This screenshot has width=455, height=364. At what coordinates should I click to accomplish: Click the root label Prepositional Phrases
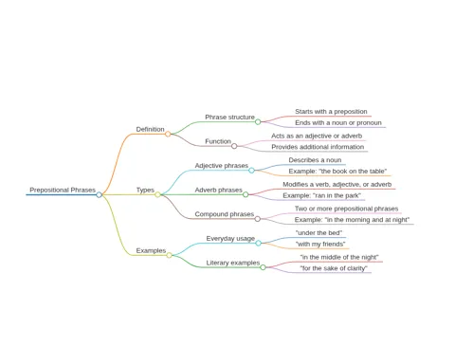click(x=63, y=190)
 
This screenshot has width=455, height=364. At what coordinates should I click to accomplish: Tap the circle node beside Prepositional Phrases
click(x=100, y=194)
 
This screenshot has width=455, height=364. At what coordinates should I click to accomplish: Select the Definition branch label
click(x=150, y=129)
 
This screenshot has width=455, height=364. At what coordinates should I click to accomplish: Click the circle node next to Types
click(x=157, y=194)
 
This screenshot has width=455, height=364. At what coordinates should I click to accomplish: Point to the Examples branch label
click(x=151, y=250)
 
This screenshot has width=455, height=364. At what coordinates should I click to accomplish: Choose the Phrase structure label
click(x=229, y=117)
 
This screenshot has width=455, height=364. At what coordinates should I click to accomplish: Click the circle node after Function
click(x=234, y=146)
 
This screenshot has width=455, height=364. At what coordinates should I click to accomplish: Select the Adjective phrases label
click(x=222, y=166)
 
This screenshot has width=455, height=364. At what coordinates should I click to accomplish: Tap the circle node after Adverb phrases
click(x=246, y=194)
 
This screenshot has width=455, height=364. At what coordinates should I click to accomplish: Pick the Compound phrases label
click(x=225, y=214)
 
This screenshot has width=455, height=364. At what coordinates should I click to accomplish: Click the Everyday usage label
click(x=230, y=239)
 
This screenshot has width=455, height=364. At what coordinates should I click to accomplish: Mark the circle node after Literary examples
click(x=263, y=267)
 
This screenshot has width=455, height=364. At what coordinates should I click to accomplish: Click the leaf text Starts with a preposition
click(x=331, y=112)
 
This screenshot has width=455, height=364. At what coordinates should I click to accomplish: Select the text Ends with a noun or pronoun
click(x=338, y=122)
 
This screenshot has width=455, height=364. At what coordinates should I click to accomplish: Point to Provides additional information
click(x=318, y=147)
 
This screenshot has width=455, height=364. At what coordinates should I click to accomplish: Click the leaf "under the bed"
click(x=318, y=233)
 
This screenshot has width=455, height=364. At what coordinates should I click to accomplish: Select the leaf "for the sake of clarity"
click(x=334, y=268)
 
